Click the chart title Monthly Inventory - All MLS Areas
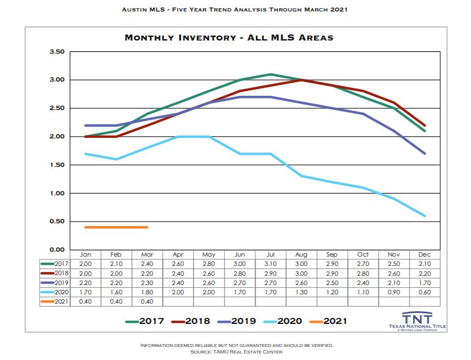click(x=229, y=38)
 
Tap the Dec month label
click(x=424, y=255)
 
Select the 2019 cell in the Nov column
click(x=393, y=283)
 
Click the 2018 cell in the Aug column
click(x=301, y=273)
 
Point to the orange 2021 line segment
click(x=116, y=227)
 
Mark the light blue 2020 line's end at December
click(x=424, y=216)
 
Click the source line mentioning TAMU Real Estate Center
click(x=237, y=352)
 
